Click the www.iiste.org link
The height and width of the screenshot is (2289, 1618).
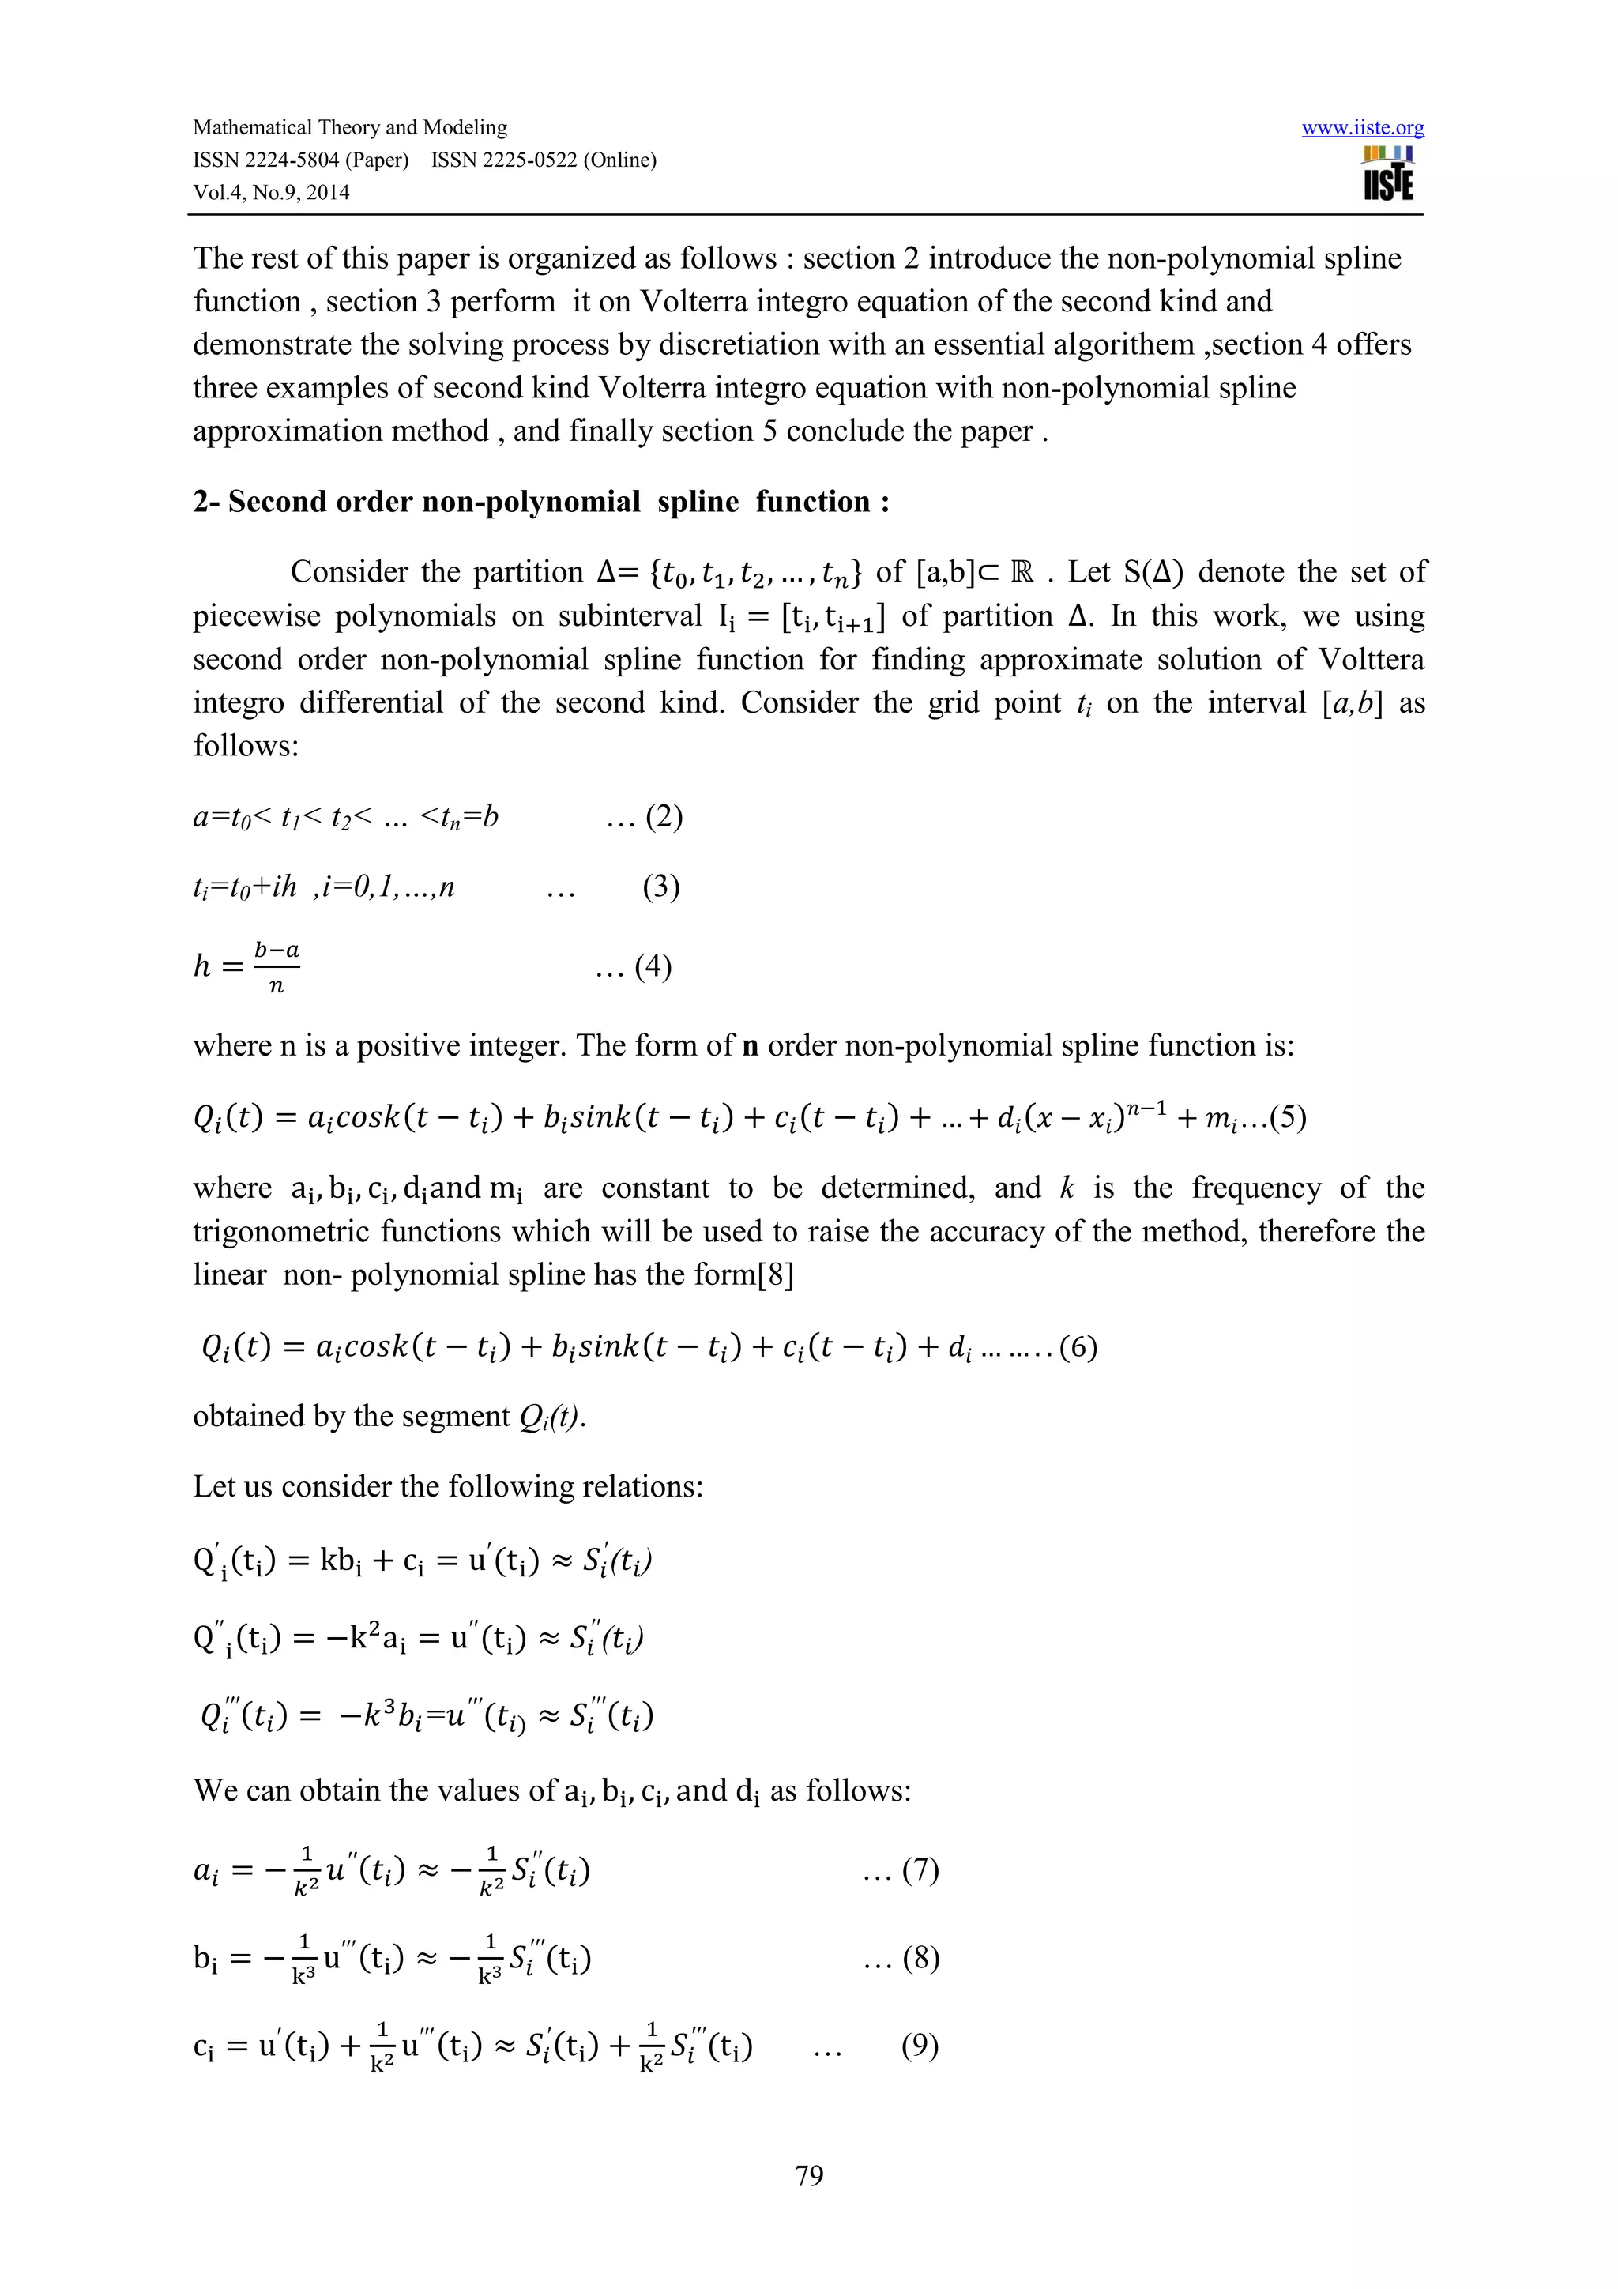tap(1362, 128)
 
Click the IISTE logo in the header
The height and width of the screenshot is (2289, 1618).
tap(1389, 175)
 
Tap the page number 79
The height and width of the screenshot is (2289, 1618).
tap(808, 2174)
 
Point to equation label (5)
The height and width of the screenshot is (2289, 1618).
tap(1287, 1116)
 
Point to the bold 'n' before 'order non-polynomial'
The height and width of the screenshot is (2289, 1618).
tap(750, 1046)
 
